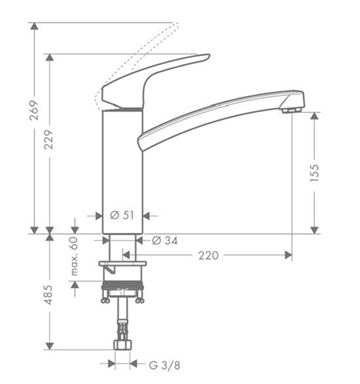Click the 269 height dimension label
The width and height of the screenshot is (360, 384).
34,110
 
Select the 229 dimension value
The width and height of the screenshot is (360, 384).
49,139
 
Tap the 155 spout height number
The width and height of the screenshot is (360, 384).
314,173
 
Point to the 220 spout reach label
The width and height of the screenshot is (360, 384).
209,256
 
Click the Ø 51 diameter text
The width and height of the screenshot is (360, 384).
122,215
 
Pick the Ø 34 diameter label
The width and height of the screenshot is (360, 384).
165,240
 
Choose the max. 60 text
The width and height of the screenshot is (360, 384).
74,256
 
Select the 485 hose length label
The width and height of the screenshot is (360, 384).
49,295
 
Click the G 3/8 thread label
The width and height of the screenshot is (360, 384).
165,365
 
